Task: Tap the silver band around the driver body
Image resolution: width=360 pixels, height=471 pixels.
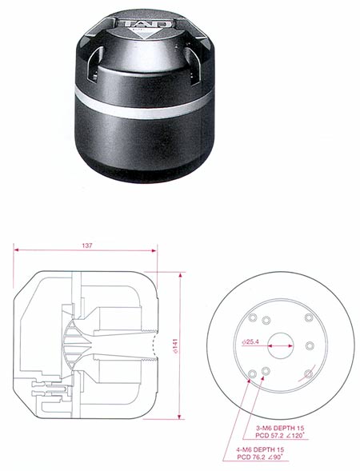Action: (x=144, y=104)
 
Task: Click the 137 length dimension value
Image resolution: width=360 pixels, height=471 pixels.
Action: (x=87, y=245)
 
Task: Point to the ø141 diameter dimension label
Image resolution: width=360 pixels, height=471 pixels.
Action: (x=175, y=346)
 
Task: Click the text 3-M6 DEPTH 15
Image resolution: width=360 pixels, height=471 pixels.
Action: (x=280, y=428)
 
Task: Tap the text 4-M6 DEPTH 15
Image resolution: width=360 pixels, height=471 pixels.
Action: (x=260, y=449)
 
